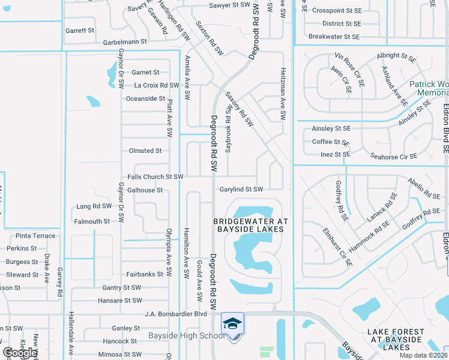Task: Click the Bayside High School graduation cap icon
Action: click(233, 323)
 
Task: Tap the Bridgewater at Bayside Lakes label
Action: click(251, 226)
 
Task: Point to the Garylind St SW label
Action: click(241, 190)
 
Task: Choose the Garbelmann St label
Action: click(125, 42)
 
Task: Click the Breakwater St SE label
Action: click(334, 37)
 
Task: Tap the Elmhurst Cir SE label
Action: click(337, 247)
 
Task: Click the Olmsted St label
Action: click(145, 151)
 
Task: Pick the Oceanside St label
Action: click(145, 98)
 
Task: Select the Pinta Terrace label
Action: click(35, 236)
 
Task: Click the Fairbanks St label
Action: click(145, 274)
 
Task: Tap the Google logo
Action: click(20, 353)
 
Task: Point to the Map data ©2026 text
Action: click(423, 355)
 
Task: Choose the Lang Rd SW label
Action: click(94, 206)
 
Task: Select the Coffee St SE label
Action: click(331, 142)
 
